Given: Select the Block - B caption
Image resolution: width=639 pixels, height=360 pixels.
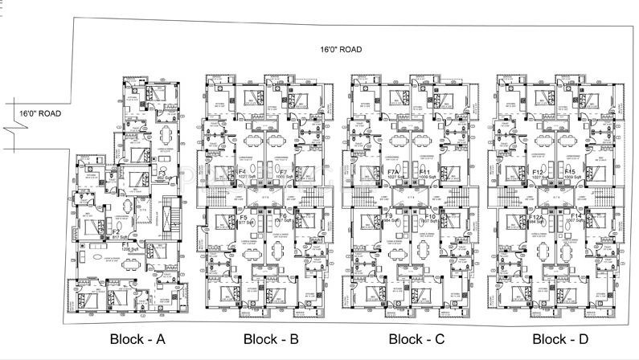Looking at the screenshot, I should click(271, 338).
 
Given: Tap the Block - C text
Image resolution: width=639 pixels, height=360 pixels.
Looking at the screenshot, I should click(416, 338).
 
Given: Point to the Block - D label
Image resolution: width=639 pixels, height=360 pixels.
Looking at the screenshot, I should click(560, 338).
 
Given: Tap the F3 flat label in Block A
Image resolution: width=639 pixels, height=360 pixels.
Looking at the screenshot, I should click(162, 172).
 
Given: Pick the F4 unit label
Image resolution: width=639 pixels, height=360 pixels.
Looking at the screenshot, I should click(242, 171).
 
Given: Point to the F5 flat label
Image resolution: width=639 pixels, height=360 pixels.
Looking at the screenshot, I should click(244, 218).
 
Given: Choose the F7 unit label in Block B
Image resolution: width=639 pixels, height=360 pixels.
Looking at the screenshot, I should click(283, 172).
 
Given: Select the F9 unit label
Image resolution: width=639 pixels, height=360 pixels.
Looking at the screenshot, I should click(388, 217).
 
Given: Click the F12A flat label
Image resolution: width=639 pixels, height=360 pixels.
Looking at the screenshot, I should click(537, 217).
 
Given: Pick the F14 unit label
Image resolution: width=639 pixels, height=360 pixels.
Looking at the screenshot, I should click(574, 217).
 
